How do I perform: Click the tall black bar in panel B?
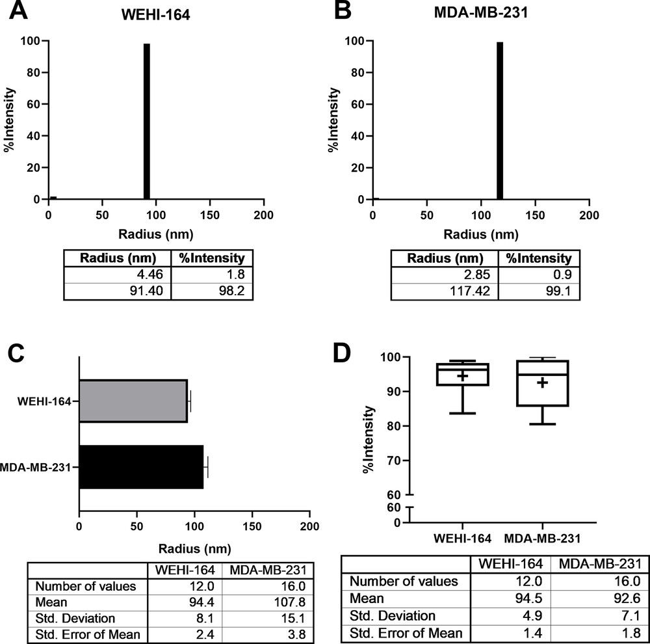pyautogui.click(x=500, y=121)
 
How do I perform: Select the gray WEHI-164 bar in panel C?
pyautogui.click(x=133, y=401)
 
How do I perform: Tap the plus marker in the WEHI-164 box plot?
pyautogui.click(x=462, y=376)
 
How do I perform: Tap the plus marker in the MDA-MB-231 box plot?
pyautogui.click(x=542, y=383)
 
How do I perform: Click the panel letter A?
pyautogui.click(x=17, y=11)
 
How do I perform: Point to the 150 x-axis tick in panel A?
pyautogui.click(x=210, y=214)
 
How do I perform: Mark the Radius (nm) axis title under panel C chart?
pyautogui.click(x=194, y=548)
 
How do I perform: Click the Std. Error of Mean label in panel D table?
pyautogui.click(x=407, y=632)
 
